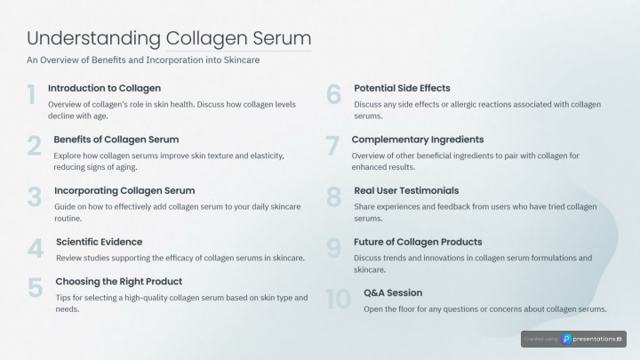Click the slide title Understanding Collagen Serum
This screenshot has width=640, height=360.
169,39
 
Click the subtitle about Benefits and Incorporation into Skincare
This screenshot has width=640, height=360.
143,60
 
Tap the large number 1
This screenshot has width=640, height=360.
31,95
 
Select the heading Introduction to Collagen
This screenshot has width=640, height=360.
105,88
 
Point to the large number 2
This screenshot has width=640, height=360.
35,146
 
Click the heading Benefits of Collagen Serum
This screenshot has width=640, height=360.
116,140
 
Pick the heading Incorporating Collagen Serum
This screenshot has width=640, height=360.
124,190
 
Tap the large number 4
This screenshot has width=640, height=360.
36,248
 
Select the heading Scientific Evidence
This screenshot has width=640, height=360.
100,242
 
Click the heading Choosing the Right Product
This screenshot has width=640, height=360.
119,281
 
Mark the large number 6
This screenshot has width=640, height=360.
334,95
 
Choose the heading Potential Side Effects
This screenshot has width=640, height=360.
402,88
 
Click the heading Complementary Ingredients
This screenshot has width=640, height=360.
418,140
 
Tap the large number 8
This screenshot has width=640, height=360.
334,197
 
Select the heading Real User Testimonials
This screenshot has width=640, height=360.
406,190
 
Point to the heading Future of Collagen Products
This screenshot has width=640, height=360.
418,242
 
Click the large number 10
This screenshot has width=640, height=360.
339,300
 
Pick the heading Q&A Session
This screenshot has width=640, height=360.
393,292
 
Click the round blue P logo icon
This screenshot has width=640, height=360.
566,340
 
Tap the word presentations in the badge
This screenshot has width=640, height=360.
595,340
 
